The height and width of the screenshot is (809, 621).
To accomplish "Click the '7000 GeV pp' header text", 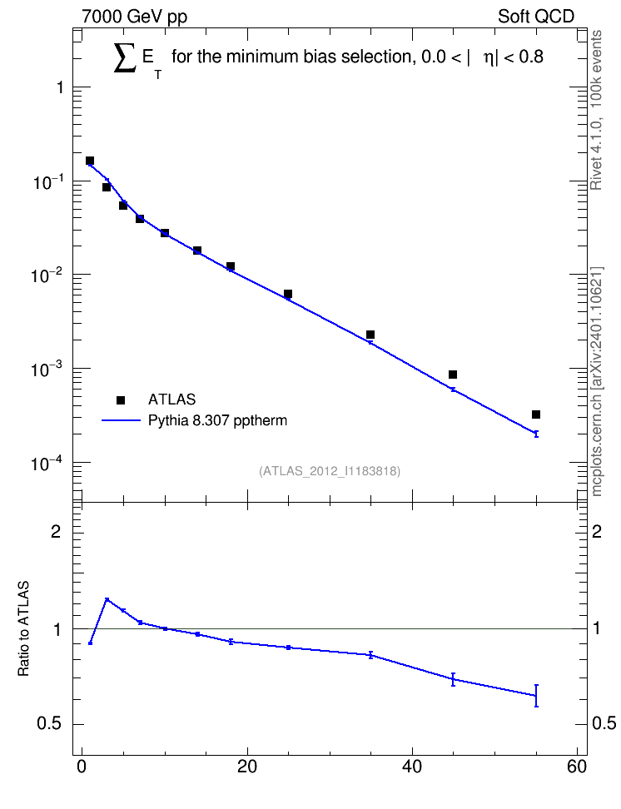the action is click(x=134, y=17).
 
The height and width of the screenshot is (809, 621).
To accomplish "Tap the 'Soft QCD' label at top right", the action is click(x=536, y=17).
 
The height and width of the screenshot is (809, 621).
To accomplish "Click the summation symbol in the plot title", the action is click(x=124, y=57).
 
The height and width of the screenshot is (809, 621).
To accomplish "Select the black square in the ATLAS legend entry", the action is click(x=121, y=400).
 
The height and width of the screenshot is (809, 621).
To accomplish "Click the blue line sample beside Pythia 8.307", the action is click(x=121, y=420).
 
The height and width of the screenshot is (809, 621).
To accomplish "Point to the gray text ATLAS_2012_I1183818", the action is click(x=330, y=471).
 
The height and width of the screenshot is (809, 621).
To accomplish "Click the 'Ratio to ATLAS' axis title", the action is click(x=23, y=629).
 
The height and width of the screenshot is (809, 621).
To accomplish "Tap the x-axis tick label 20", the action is click(x=246, y=767).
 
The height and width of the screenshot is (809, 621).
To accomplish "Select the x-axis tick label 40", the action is click(x=412, y=767).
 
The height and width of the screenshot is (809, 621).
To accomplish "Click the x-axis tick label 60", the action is click(x=577, y=767).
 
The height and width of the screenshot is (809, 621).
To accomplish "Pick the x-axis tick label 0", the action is click(x=82, y=767).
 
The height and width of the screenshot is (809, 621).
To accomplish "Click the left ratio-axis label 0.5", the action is click(x=49, y=724).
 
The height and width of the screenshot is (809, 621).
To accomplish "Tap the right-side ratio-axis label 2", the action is click(x=597, y=531).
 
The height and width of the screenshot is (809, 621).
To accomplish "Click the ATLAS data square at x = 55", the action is click(x=536, y=414).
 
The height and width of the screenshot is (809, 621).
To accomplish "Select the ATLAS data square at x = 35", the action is click(x=370, y=335).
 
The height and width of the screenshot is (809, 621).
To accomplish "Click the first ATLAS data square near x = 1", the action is click(x=90, y=161).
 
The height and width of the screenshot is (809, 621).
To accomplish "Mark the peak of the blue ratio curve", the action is click(x=107, y=599).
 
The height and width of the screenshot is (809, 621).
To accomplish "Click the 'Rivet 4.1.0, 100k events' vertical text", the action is click(x=596, y=110).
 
